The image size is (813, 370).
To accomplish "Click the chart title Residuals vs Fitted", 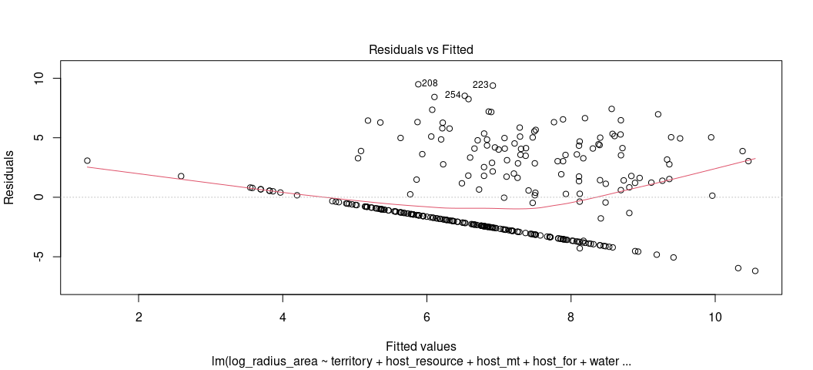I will tap(420, 49).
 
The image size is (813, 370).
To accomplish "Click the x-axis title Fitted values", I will tap(420, 346).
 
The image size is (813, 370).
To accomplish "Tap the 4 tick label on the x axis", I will tap(283, 317).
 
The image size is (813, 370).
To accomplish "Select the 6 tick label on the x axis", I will tap(427, 317).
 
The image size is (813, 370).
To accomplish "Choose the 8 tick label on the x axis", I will tap(570, 317).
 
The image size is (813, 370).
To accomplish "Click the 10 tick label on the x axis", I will tap(714, 317).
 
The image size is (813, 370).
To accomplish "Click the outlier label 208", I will tap(430, 83).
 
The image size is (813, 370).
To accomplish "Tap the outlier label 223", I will tap(480, 85).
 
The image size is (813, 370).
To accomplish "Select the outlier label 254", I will tap(453, 95).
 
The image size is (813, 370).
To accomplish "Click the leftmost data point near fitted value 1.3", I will tap(87, 161).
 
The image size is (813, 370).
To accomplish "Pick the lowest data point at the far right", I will tap(755, 271).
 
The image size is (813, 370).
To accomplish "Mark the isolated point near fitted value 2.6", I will tap(181, 177).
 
